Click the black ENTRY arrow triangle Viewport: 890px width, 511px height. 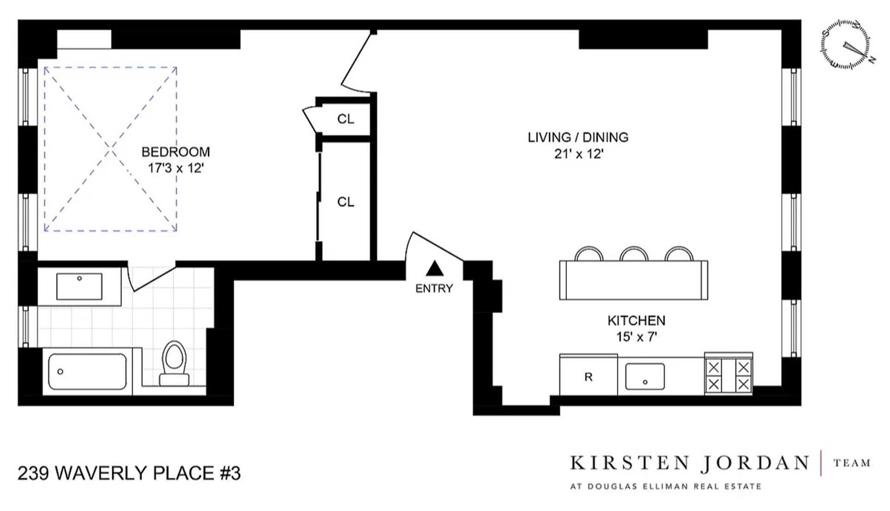tap(434, 269)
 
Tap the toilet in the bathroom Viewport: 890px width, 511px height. tap(174, 364)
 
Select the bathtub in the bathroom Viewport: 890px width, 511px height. tap(87, 372)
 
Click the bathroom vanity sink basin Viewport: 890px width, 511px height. tap(79, 286)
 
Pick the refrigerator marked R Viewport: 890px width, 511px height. tap(588, 376)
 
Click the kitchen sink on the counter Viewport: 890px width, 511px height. tap(645, 376)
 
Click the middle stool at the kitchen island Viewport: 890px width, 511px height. tap(634, 254)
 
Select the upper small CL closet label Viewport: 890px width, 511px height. tap(345, 119)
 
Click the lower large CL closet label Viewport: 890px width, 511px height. tap(345, 202)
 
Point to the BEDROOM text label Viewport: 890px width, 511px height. tap(176, 152)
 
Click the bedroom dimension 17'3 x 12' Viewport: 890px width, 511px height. tap(176, 168)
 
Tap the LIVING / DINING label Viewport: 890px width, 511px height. tap(578, 137)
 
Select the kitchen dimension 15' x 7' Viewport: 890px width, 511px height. tap(636, 337)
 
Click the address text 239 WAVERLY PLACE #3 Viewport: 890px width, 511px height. tap(129, 473)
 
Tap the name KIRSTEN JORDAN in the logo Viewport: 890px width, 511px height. tap(689, 463)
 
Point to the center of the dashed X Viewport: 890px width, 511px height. tap(110, 149)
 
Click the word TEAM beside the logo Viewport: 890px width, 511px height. tap(852, 463)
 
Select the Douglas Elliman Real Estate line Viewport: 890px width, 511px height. tap(666, 486)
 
